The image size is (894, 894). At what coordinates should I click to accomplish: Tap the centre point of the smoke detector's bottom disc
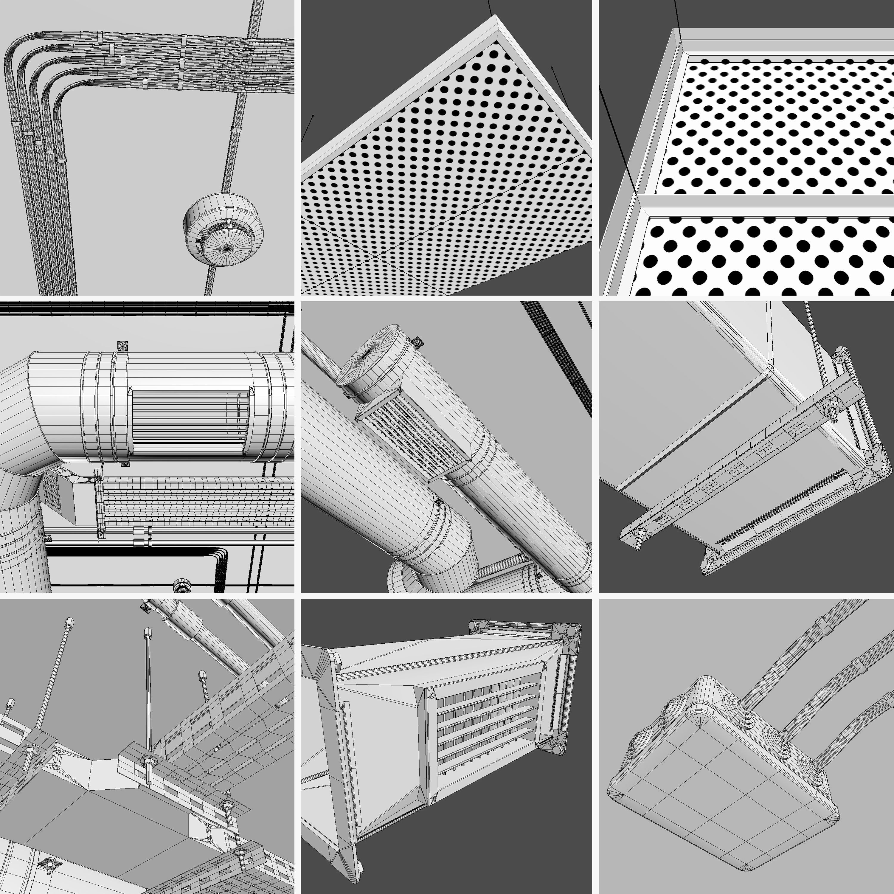(227, 249)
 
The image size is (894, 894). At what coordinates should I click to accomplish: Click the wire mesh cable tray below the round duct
(194, 502)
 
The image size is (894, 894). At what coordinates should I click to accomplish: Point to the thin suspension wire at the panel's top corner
(490, 7)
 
